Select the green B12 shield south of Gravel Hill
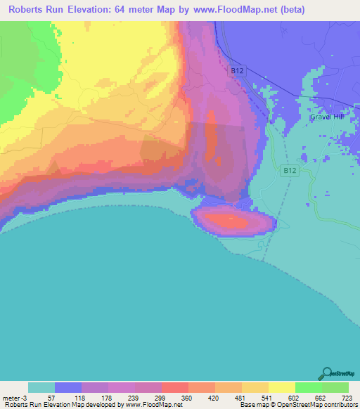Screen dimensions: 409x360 click(288, 171)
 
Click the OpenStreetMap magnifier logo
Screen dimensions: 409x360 click(327, 374)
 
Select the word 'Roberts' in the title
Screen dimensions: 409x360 click(27, 10)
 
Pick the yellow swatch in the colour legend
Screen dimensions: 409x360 click(281, 387)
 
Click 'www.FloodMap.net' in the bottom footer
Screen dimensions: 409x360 click(153, 405)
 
